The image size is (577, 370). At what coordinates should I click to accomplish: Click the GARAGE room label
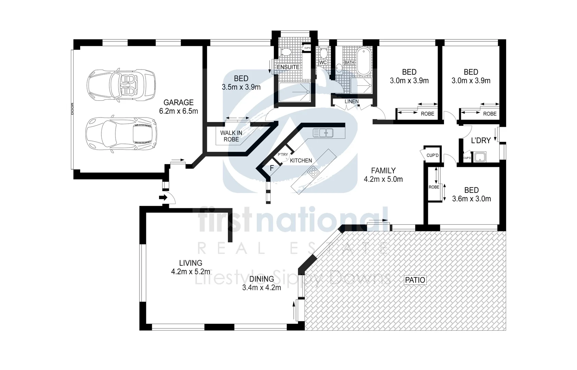click(179, 102)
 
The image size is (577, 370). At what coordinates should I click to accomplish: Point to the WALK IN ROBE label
click(231, 136)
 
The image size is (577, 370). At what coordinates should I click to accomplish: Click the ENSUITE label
click(288, 67)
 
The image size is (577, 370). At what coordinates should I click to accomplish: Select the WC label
click(323, 62)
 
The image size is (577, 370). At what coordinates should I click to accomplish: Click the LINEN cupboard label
click(352, 101)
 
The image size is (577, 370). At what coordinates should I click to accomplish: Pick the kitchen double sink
click(323, 133)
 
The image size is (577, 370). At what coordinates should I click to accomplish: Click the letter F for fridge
click(272, 169)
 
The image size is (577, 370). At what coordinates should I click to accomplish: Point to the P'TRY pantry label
click(283, 155)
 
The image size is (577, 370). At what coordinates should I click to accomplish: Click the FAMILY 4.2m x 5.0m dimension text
click(383, 179)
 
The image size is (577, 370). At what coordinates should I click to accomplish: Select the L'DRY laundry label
click(481, 140)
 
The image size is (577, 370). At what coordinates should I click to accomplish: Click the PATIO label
click(415, 280)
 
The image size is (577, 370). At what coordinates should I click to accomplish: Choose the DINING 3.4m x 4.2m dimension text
click(261, 288)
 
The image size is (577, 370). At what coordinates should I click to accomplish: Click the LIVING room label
click(191, 263)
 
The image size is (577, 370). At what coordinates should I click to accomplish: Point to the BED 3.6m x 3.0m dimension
click(471, 199)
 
